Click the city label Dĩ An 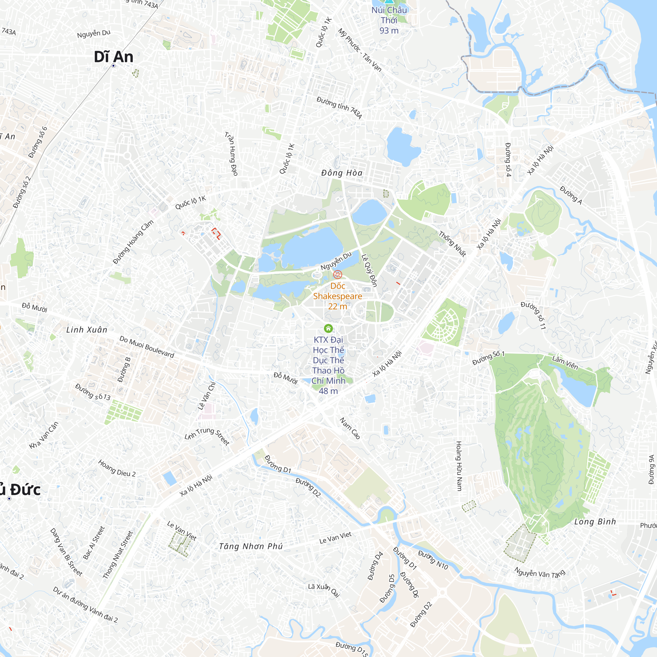(x=113, y=57)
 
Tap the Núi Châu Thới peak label (x=389, y=20)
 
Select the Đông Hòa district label (x=342, y=173)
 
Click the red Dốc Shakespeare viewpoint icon (x=337, y=274)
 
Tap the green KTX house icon (x=328, y=328)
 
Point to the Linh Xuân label (x=87, y=329)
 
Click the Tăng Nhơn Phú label (x=251, y=546)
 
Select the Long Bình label (x=595, y=522)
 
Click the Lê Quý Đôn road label (x=369, y=270)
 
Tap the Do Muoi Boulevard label (x=147, y=347)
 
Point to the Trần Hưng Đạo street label (x=231, y=154)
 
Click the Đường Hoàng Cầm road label (x=133, y=242)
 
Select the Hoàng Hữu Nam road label (x=459, y=466)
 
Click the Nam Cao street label (x=350, y=428)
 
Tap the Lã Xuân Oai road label (x=324, y=590)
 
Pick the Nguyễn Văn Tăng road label (x=540, y=573)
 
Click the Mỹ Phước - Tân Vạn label (x=360, y=50)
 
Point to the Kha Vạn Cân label (x=44, y=435)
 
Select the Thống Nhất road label (x=452, y=243)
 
